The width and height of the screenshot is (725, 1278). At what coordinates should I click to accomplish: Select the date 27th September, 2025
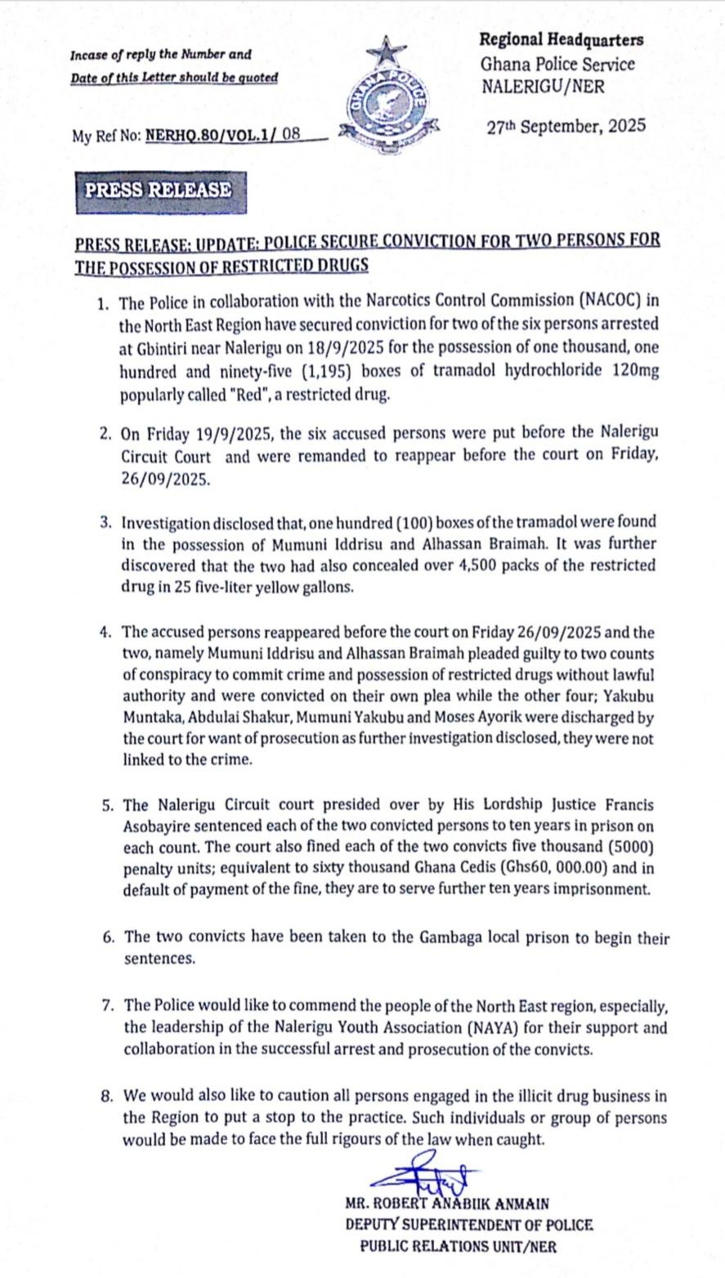tap(566, 127)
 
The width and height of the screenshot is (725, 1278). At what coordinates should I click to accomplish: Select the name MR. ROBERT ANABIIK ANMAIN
tap(447, 1203)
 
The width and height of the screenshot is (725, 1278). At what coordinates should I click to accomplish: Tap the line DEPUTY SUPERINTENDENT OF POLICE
tap(468, 1225)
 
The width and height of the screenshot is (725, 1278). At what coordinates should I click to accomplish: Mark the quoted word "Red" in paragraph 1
tap(256, 395)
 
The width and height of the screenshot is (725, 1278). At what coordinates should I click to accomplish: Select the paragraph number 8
tap(106, 1096)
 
